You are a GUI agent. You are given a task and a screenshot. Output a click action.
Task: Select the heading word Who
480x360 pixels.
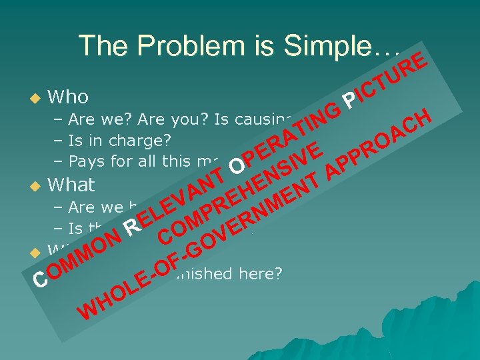[68, 97]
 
